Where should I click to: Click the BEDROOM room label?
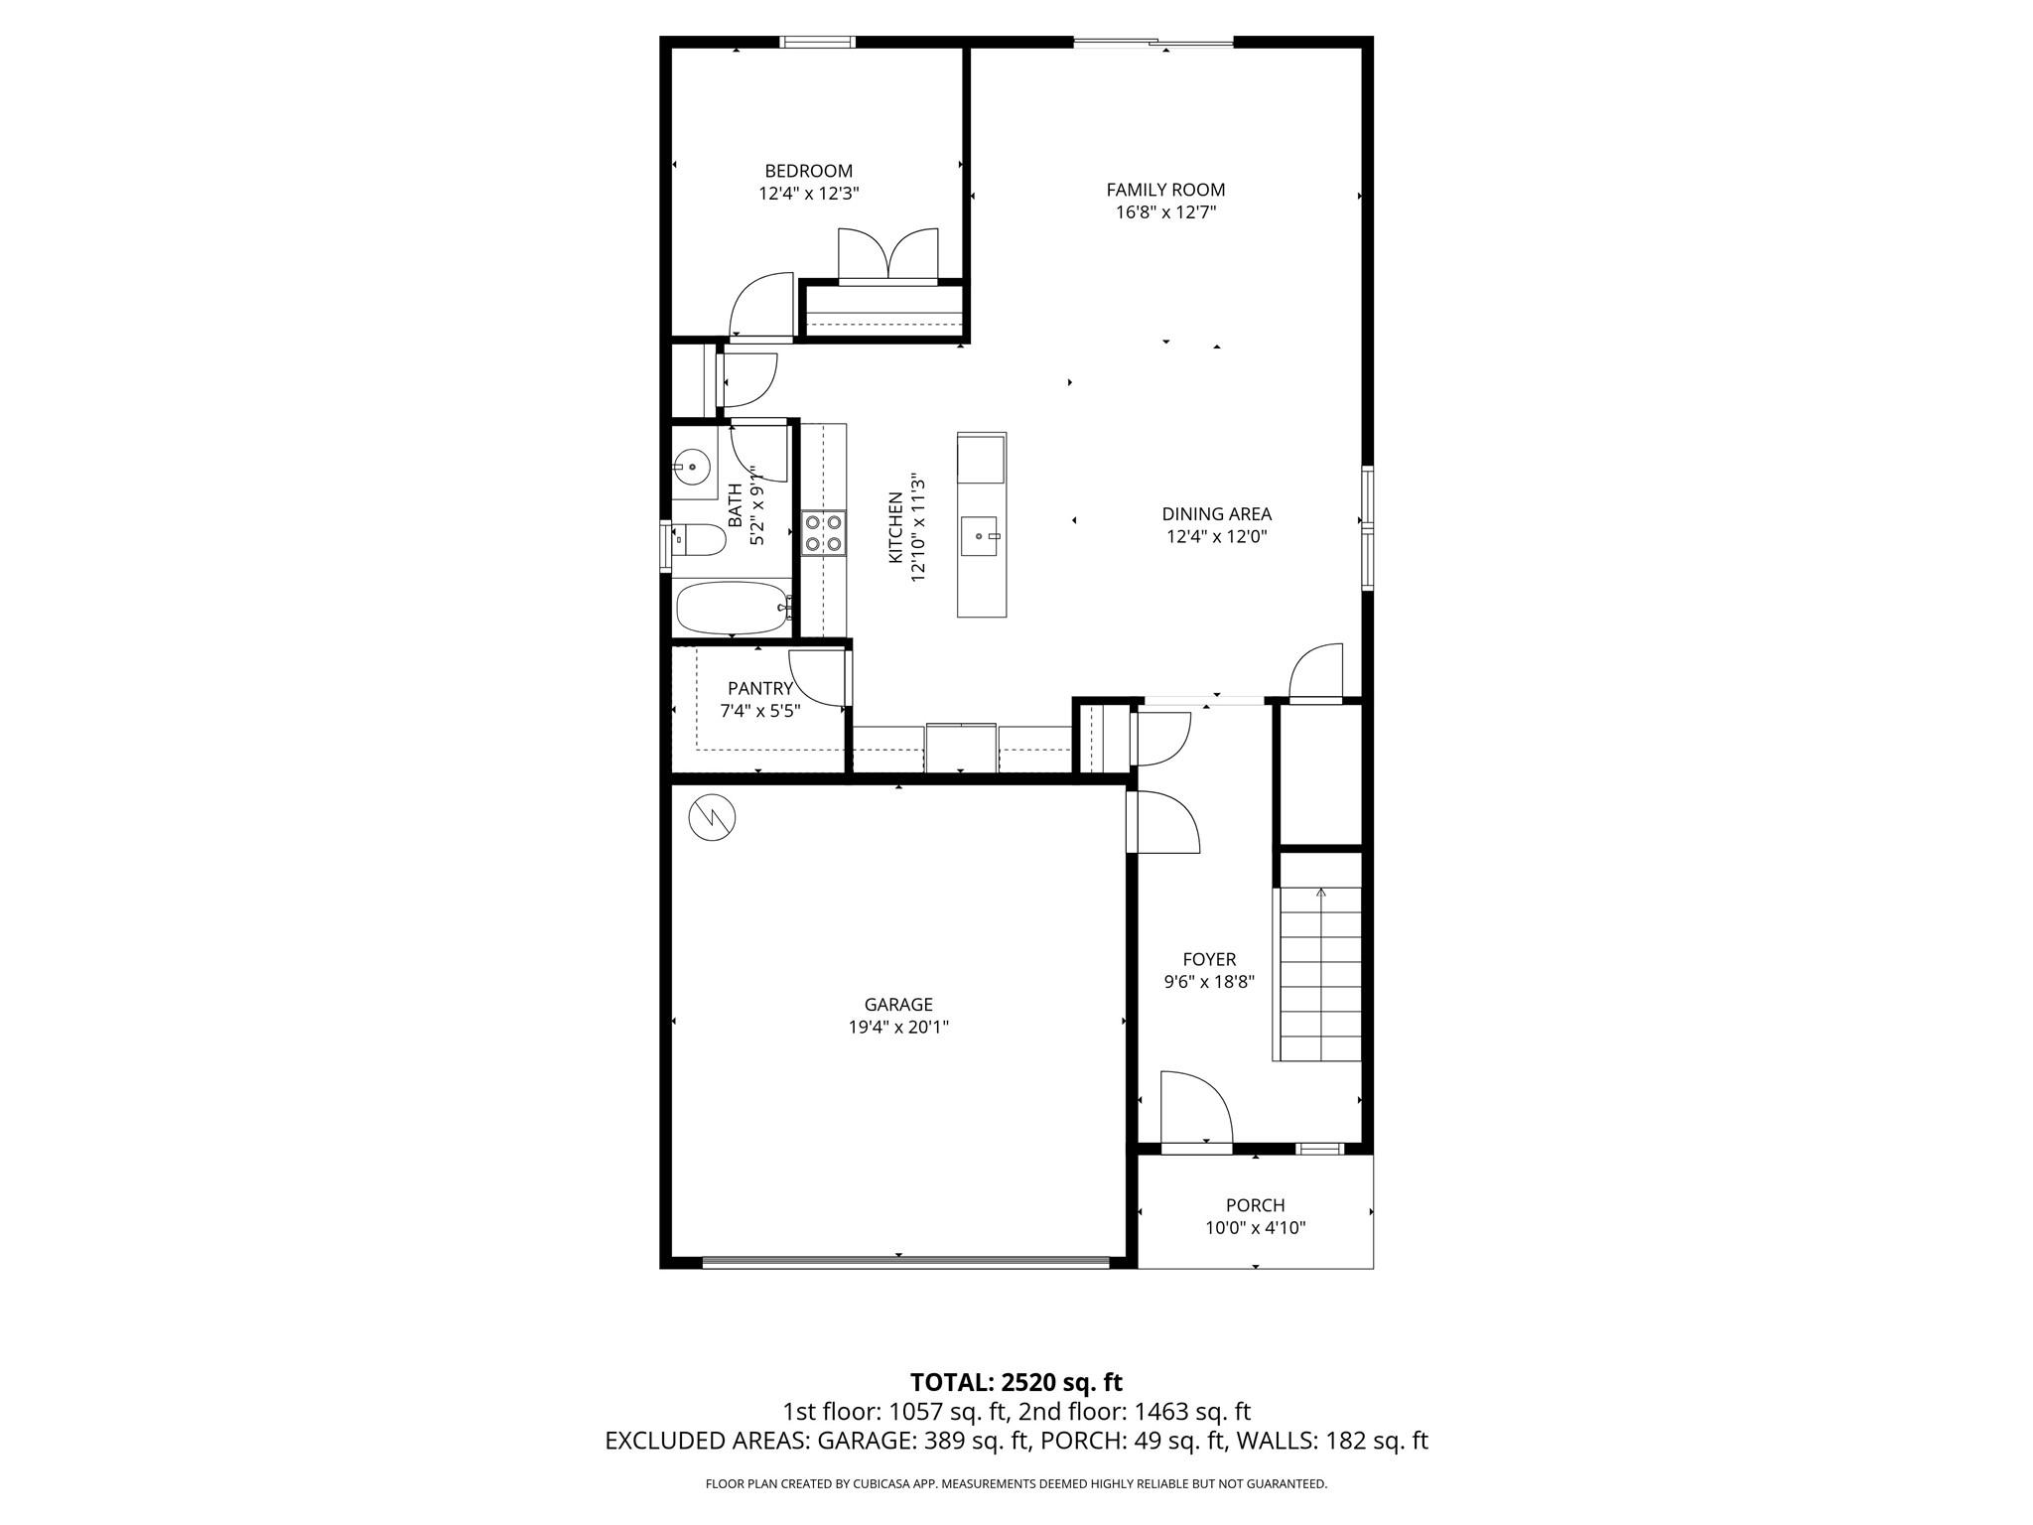click(808, 171)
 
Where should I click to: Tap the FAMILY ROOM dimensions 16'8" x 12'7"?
click(1165, 212)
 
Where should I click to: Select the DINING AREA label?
click(1216, 514)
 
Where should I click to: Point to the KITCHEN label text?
click(895, 527)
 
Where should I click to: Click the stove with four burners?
click(823, 532)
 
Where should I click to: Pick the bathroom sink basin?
click(691, 465)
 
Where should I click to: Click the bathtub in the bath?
click(733, 607)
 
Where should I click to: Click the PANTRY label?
click(759, 688)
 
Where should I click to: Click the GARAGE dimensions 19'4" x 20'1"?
click(897, 1028)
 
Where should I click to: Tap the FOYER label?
click(1209, 959)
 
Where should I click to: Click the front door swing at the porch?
click(1194, 1110)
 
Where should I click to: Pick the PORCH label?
click(1255, 1205)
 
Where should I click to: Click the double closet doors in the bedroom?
click(887, 256)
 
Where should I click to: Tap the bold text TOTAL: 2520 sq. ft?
click(1016, 1382)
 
